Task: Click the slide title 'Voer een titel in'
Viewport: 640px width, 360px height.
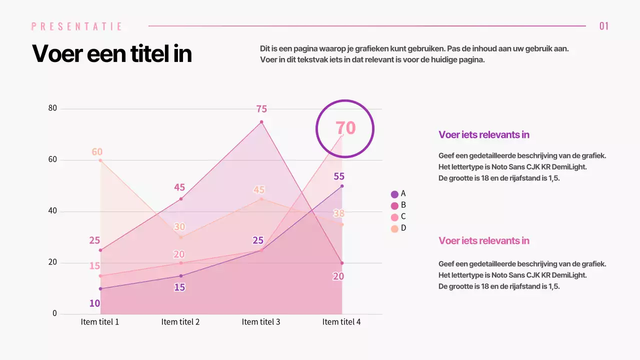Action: pyautogui.click(x=112, y=53)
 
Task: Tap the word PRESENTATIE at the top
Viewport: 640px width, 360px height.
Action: pyautogui.click(x=76, y=26)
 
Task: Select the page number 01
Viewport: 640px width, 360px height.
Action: pyautogui.click(x=604, y=26)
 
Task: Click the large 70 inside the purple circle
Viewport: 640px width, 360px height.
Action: pyautogui.click(x=345, y=128)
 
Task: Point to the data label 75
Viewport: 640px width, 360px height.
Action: pyautogui.click(x=261, y=109)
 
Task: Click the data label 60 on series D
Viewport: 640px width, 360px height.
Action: pyautogui.click(x=97, y=151)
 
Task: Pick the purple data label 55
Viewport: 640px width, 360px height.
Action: pyautogui.click(x=339, y=176)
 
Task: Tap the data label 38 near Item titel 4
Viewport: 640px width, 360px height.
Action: pyautogui.click(x=338, y=213)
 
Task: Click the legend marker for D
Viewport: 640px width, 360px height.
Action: pyautogui.click(x=394, y=228)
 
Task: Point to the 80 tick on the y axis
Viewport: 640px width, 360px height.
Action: pyautogui.click(x=52, y=108)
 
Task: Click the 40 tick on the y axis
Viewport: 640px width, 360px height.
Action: pyautogui.click(x=52, y=211)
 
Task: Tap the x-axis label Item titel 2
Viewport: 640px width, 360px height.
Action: pyautogui.click(x=180, y=322)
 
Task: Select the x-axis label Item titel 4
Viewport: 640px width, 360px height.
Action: pyautogui.click(x=341, y=322)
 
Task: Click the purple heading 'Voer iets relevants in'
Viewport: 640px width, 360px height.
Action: pyautogui.click(x=483, y=134)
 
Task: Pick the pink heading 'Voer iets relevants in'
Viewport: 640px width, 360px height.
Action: pyautogui.click(x=483, y=240)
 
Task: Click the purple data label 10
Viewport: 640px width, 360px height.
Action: pyautogui.click(x=94, y=303)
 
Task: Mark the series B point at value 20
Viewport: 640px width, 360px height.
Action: pyautogui.click(x=342, y=263)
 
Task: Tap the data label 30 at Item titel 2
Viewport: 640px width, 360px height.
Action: pyautogui.click(x=179, y=226)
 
